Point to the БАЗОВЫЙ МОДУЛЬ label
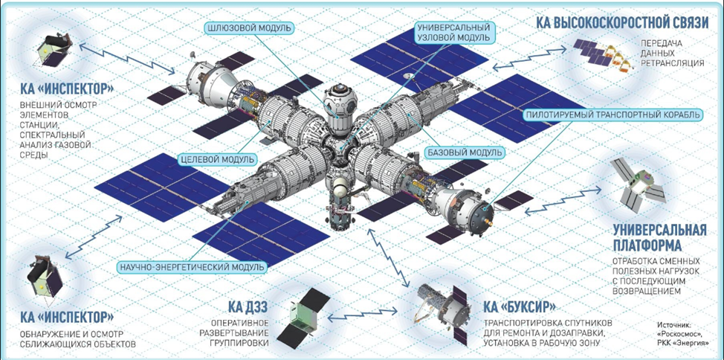click(463, 152)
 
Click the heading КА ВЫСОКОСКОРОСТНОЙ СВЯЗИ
click(623, 22)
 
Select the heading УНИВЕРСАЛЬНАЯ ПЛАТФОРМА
click(660, 237)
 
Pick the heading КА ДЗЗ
click(248, 306)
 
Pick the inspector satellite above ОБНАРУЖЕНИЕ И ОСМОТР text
click(45, 278)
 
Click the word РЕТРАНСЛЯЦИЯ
click(672, 62)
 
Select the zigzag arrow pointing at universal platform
click(563, 199)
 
